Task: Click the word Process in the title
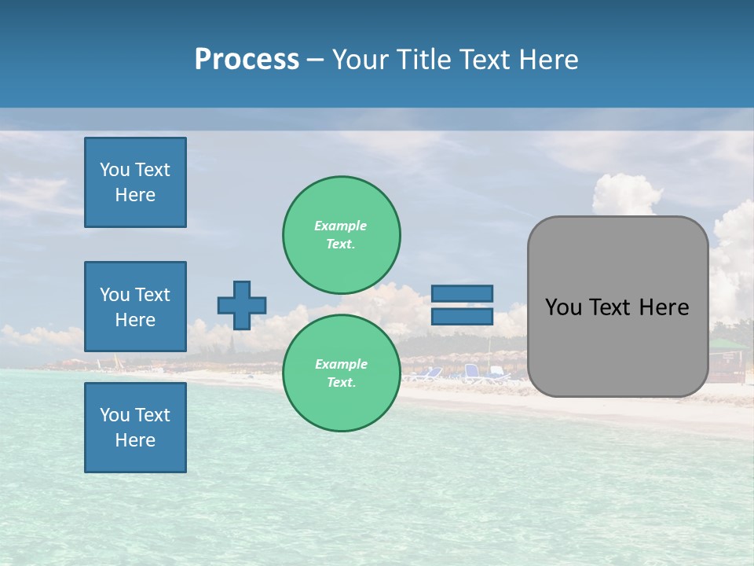pos(247,59)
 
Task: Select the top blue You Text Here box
pos(135,182)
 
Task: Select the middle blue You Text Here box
pos(135,307)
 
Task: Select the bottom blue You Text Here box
pos(135,427)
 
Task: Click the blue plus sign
pos(242,305)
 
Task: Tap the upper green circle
pos(341,234)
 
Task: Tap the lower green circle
pos(341,373)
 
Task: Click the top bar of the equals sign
pos(462,293)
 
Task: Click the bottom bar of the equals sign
pos(462,317)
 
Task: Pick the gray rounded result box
pos(617,307)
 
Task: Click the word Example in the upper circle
pos(340,226)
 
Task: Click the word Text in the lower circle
pos(341,382)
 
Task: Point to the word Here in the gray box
pos(664,307)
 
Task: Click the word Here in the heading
pos(549,60)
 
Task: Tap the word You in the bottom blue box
pos(115,414)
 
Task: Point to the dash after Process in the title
pos(315,60)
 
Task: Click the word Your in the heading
pos(360,60)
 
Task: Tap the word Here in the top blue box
pos(135,195)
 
